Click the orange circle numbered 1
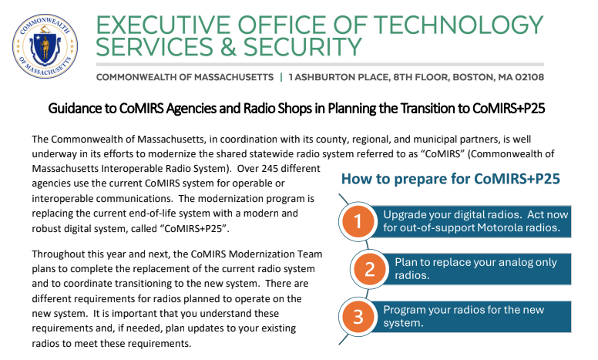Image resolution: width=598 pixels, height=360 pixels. pyautogui.click(x=358, y=223)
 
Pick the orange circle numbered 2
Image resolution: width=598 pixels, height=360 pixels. pyautogui.click(x=368, y=270)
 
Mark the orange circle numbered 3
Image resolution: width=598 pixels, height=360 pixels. pyautogui.click(x=358, y=317)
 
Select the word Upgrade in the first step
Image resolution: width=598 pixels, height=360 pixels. pyautogui.click(x=405, y=214)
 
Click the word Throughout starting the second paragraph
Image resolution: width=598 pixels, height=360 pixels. pyautogui.click(x=62, y=254)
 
